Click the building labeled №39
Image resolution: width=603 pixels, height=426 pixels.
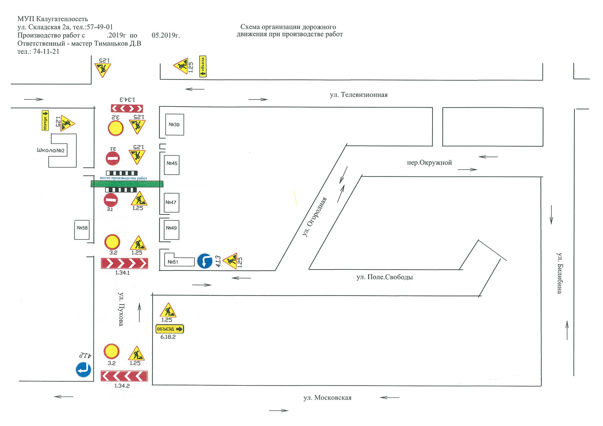click(174, 124)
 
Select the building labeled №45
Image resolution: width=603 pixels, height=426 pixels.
click(172, 165)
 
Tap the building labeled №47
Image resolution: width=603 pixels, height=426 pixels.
click(171, 203)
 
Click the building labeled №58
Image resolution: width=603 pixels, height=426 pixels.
click(82, 229)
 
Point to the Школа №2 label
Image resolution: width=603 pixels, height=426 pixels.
click(51, 150)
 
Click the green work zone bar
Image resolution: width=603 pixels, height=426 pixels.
click(127, 184)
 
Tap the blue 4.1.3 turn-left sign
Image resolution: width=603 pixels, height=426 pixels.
click(205, 261)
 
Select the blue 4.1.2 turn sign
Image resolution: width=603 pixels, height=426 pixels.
click(83, 370)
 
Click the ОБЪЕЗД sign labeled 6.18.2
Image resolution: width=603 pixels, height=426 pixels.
click(170, 329)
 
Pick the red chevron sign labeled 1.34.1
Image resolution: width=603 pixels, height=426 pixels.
click(124, 263)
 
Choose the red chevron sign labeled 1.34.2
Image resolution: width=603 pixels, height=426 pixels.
click(124, 376)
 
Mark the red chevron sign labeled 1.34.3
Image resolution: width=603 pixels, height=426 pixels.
click(127, 108)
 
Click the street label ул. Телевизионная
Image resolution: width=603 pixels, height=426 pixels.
click(358, 95)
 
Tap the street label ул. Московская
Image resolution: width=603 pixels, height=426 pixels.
click(327, 398)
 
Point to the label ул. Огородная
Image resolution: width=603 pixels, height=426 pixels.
click(315, 217)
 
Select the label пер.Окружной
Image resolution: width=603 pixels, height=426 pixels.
click(429, 163)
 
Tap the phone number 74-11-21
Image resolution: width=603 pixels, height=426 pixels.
click(46, 52)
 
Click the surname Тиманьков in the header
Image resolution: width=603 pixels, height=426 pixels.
click(111, 44)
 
